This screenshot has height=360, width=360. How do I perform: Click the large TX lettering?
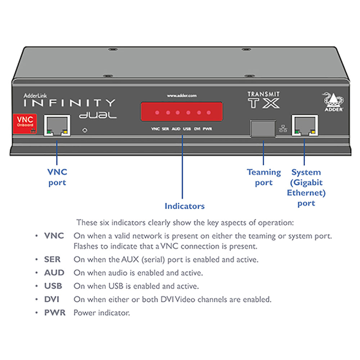pos(264,103)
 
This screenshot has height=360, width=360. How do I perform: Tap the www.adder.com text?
pos(181,96)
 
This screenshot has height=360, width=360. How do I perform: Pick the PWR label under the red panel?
pos(207,129)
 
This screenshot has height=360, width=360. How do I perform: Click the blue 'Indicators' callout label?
pos(184,206)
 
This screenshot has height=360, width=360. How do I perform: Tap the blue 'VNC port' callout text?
pos(57,177)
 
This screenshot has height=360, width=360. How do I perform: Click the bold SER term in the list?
pos(52,259)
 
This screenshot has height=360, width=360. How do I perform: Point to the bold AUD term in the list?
pos(54,273)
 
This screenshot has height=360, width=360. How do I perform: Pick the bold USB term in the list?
pos(53,286)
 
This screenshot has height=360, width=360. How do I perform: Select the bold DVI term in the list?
pos(52,299)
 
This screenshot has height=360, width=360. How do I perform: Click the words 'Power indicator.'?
pos(102,313)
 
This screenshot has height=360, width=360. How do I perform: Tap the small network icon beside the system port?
pos(283,128)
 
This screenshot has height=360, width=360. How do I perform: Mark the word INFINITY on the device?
pos(69,103)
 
